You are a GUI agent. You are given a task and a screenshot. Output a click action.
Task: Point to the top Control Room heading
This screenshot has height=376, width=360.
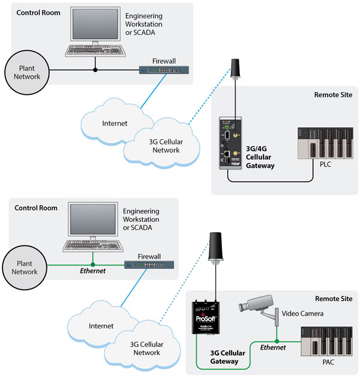tap(37, 13)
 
